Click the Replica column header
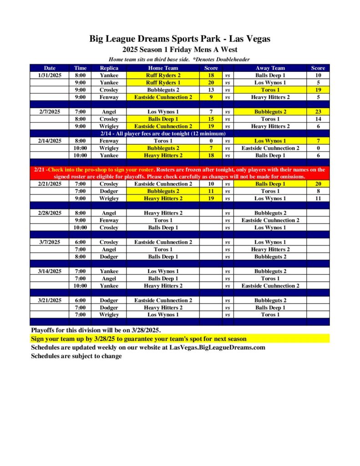click(109, 68)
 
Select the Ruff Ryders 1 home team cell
click(163, 82)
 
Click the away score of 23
click(318, 111)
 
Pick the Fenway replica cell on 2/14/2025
click(109, 141)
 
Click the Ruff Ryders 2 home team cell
click(163, 75)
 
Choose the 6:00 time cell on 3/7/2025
click(80, 242)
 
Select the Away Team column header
click(270, 68)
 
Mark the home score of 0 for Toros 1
click(211, 141)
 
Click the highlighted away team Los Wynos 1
click(270, 141)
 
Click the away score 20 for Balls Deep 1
click(318, 184)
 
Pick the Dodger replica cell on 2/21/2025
click(109, 191)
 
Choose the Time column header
click(80, 68)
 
